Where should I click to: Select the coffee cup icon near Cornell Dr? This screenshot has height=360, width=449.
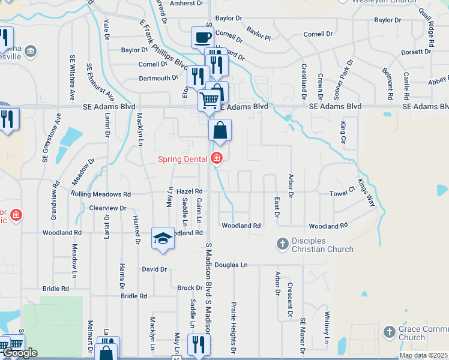[202, 37]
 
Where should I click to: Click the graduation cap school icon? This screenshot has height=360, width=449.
[163, 238]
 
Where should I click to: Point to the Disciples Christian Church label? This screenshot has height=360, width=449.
[323, 245]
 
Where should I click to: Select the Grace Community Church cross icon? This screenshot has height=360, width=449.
[389, 331]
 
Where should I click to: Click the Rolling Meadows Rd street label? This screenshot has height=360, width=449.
[100, 194]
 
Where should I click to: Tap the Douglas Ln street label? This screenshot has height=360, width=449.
[231, 265]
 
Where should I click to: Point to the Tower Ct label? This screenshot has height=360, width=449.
[343, 194]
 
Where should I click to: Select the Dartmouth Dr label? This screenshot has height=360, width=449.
[158, 78]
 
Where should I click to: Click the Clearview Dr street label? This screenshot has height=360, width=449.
[107, 208]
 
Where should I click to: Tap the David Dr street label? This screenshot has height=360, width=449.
[154, 269]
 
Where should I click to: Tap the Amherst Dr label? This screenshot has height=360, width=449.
[187, 4]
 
